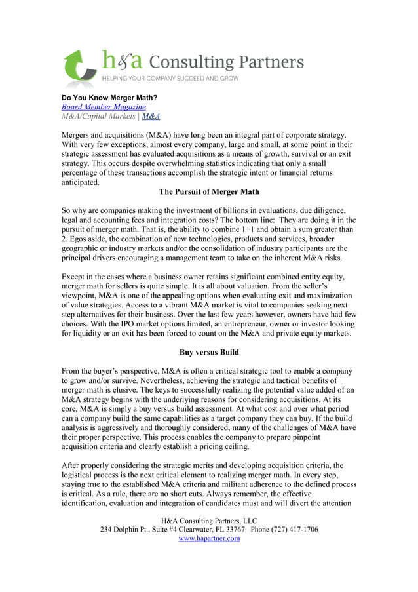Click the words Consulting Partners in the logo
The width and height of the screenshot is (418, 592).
pyautogui.click(x=227, y=62)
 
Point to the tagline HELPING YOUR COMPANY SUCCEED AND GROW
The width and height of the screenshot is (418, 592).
pyautogui.click(x=169, y=79)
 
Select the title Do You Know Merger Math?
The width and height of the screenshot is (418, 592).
pyautogui.click(x=109, y=98)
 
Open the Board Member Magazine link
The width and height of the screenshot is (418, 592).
pyautogui.click(x=104, y=107)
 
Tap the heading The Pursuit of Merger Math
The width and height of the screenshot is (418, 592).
pyautogui.click(x=209, y=192)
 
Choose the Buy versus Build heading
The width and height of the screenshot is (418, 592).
pyautogui.click(x=209, y=352)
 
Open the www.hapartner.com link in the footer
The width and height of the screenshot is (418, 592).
pyautogui.click(x=209, y=538)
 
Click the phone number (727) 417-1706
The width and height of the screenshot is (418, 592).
pyautogui.click(x=293, y=529)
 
